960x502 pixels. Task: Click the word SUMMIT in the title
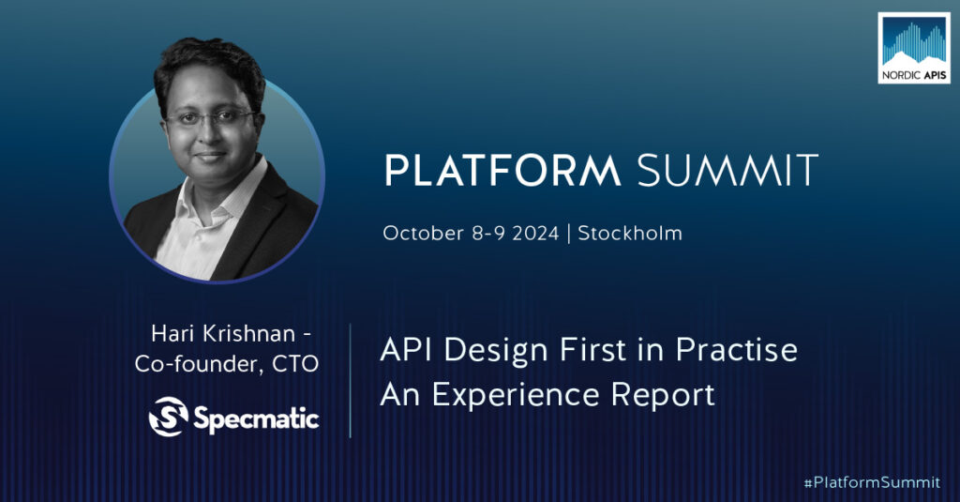click(x=727, y=170)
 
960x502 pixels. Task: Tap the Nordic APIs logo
click(x=914, y=48)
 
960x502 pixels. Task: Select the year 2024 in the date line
click(x=535, y=234)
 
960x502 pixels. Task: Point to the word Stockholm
click(x=630, y=233)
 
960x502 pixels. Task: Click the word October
click(x=423, y=234)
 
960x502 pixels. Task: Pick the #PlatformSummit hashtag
click(x=872, y=482)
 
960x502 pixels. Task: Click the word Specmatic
click(x=256, y=419)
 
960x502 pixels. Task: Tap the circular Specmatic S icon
click(x=169, y=417)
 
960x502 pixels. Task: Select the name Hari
click(x=172, y=333)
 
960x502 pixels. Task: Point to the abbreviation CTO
click(x=295, y=364)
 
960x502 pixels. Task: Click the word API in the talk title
click(x=407, y=350)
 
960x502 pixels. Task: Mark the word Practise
click(x=737, y=350)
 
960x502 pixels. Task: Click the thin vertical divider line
click(x=351, y=381)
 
